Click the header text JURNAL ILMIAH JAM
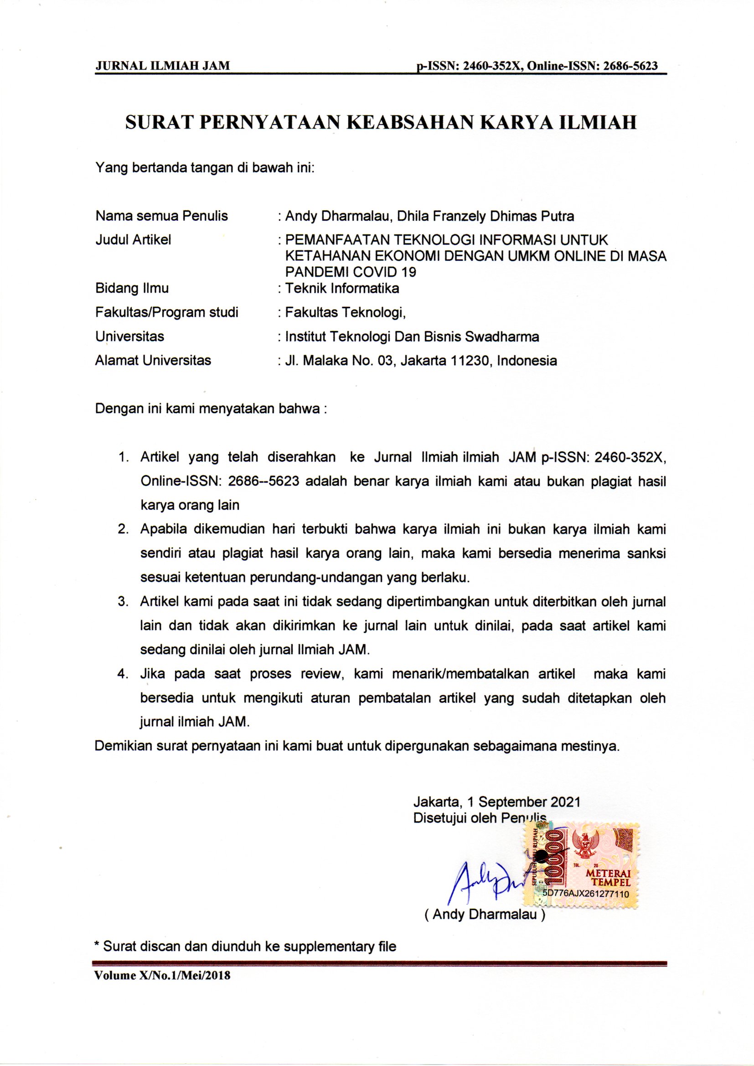click(162, 66)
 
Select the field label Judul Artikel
click(133, 239)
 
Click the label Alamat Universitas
click(153, 360)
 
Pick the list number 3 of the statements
click(123, 602)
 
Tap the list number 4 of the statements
click(123, 674)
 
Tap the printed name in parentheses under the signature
click(485, 914)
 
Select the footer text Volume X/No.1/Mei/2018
click(162, 975)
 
